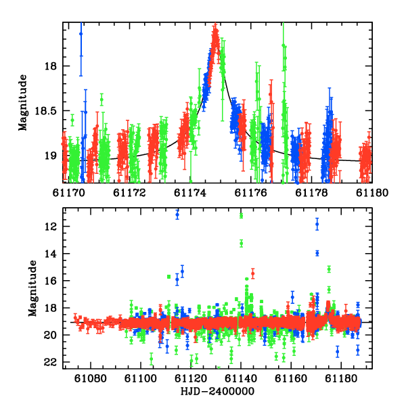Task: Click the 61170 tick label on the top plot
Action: [x=69, y=193]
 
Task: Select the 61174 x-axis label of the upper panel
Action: [x=190, y=193]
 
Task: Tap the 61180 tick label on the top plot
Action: [x=372, y=193]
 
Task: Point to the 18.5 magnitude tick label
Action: [x=45, y=111]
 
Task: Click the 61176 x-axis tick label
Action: [x=250, y=193]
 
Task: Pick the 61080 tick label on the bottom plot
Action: [x=91, y=378]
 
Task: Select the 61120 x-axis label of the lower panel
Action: [x=191, y=378]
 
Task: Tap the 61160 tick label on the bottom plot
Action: [x=291, y=378]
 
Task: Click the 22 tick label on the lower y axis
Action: [x=50, y=362]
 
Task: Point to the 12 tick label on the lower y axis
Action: [x=50, y=227]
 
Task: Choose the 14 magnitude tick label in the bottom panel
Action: [x=50, y=254]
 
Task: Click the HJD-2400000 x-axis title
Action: [x=217, y=391]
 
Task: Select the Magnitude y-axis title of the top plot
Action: [x=23, y=103]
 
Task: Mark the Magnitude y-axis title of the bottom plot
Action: [x=32, y=288]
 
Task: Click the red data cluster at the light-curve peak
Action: [x=215, y=39]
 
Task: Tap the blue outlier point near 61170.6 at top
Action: [x=81, y=34]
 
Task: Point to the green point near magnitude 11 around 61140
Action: [x=242, y=215]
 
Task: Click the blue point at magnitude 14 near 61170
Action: [x=317, y=253]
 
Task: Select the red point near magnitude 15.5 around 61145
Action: [x=252, y=273]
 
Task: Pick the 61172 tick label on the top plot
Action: [x=129, y=193]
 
